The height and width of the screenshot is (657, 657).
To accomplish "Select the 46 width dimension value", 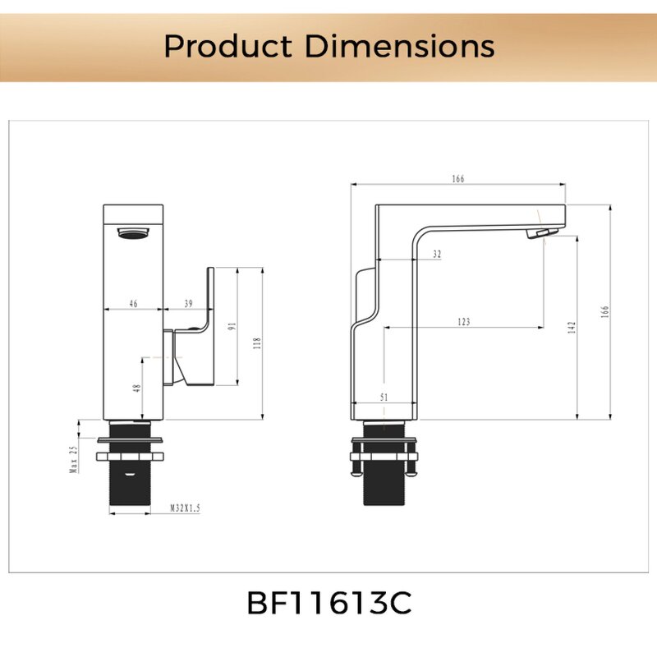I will (x=133, y=304).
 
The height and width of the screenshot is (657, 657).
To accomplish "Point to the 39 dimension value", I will (x=188, y=304).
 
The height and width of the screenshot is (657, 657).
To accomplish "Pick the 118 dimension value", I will (x=256, y=343).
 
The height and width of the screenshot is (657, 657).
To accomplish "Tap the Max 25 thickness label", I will (x=73, y=460).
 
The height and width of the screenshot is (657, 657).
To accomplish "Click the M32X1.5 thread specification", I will (x=186, y=509).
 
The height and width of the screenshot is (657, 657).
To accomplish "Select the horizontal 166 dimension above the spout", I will (x=458, y=178).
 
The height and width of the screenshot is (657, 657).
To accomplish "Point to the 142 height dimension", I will (x=572, y=326).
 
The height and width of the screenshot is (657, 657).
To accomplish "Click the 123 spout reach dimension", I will (x=463, y=322).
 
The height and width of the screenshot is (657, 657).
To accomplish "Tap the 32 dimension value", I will (x=436, y=255).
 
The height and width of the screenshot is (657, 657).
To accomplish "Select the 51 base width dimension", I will (x=385, y=397).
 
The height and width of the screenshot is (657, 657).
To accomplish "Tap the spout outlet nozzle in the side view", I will (x=538, y=234).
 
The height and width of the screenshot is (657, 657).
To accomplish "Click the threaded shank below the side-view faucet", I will (x=384, y=489).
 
